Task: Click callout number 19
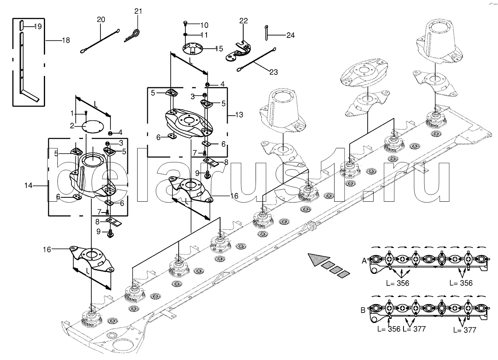pos(37,27)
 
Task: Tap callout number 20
pos(101,19)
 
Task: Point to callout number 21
pos(138,11)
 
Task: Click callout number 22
pos(244,21)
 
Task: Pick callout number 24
pos(290,35)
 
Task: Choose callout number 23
pos(274,72)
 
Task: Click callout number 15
pos(219,49)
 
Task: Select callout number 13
pos(239,115)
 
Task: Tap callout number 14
pos(28,185)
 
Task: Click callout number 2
pos(72,126)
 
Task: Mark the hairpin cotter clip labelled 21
pos(133,35)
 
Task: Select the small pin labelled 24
pos(266,31)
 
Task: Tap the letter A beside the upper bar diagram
pos(364,261)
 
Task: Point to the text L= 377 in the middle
pos(414,329)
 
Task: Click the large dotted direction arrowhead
pos(318,259)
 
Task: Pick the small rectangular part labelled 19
pos(20,25)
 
